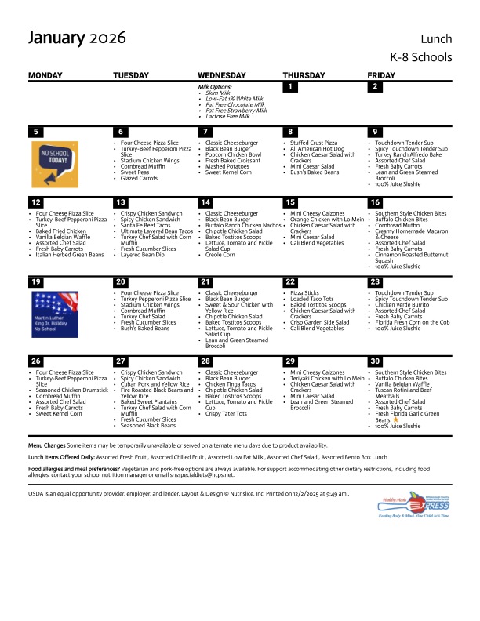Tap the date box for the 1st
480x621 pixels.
290,87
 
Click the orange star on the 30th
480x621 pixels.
395,420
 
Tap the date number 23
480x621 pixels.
376,281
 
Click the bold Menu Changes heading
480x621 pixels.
46,444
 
